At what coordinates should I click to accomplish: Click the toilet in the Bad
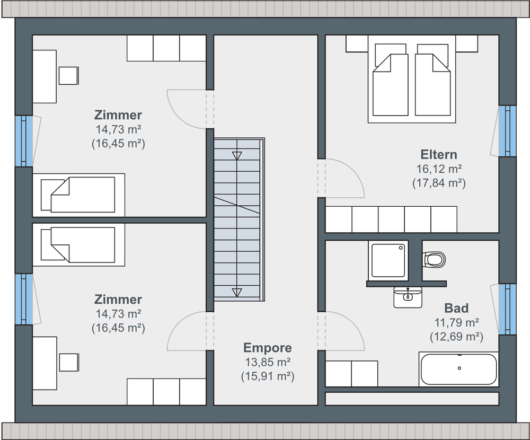point(434,260)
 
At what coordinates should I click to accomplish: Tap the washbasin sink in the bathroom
point(408,297)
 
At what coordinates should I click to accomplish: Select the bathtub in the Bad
point(458,369)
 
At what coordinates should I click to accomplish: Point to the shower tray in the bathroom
point(388,260)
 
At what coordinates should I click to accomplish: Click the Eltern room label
point(439,154)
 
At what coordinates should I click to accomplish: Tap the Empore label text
point(267,348)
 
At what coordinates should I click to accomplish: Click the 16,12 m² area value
point(439,169)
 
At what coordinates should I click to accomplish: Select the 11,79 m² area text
point(456,322)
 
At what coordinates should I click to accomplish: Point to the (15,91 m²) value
point(267,376)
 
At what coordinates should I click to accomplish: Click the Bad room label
point(456,308)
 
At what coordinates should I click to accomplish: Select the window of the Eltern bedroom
point(507,131)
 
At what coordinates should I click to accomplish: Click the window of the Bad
point(507,309)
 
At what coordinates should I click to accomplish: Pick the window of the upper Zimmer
point(24,141)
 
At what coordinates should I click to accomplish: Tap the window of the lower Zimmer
point(24,300)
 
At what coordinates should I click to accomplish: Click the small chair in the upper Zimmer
point(68,75)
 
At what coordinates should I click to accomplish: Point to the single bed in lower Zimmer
point(78,245)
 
